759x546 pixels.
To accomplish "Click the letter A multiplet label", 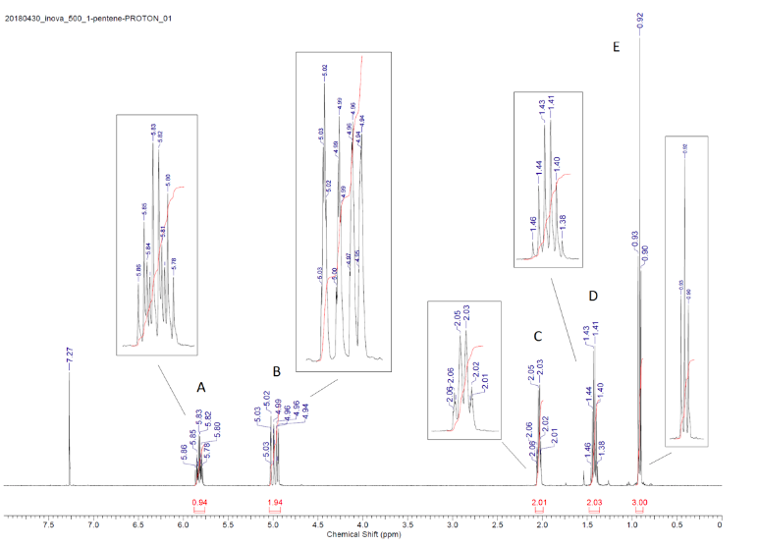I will [x=201, y=387].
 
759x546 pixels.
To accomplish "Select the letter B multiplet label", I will [x=277, y=371].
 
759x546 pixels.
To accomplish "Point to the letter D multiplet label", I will [x=592, y=295].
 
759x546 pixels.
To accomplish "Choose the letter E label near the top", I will [x=616, y=47].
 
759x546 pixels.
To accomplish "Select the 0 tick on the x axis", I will [x=721, y=525].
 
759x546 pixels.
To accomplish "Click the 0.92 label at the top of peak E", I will [x=640, y=20].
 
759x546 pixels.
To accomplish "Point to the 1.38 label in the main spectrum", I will [x=601, y=449].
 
